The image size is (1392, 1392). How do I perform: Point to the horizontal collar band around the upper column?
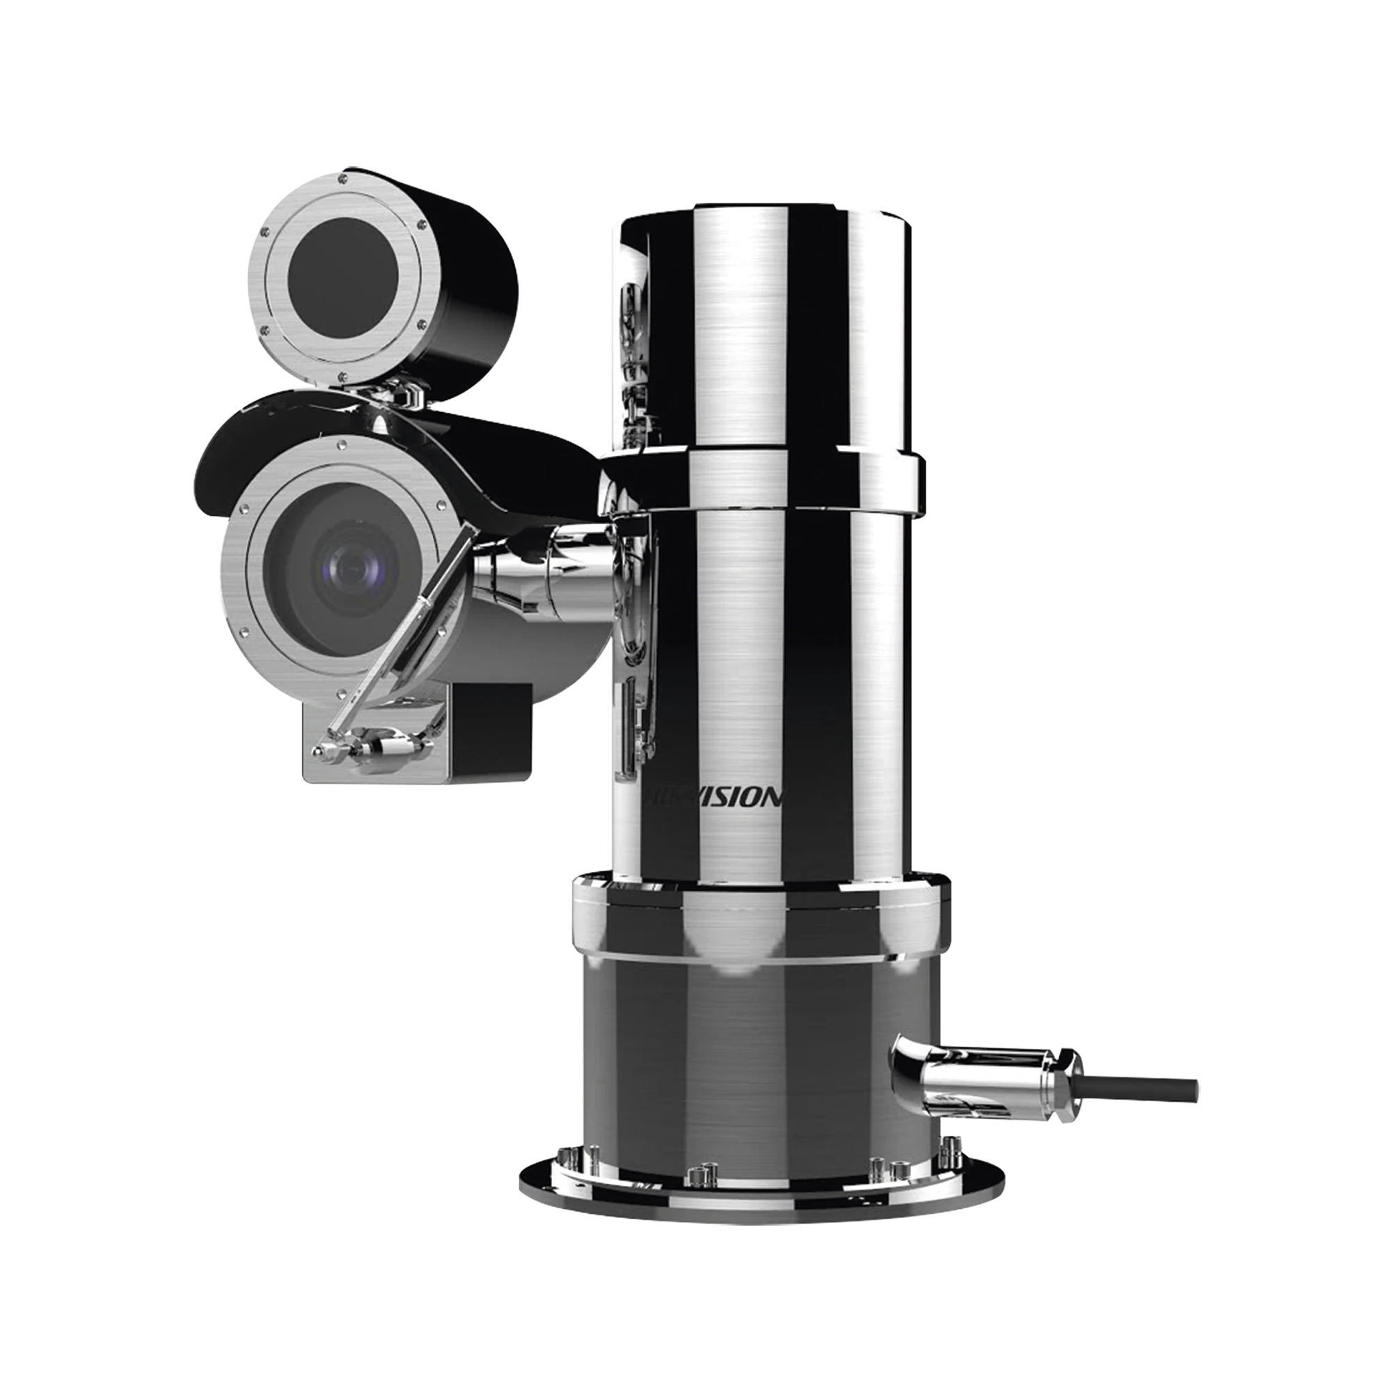(764, 476)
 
